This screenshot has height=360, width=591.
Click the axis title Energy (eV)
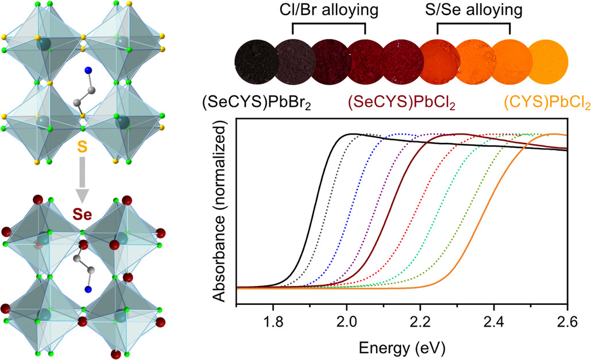click(x=401, y=347)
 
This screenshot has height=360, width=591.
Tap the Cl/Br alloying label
click(x=329, y=11)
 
